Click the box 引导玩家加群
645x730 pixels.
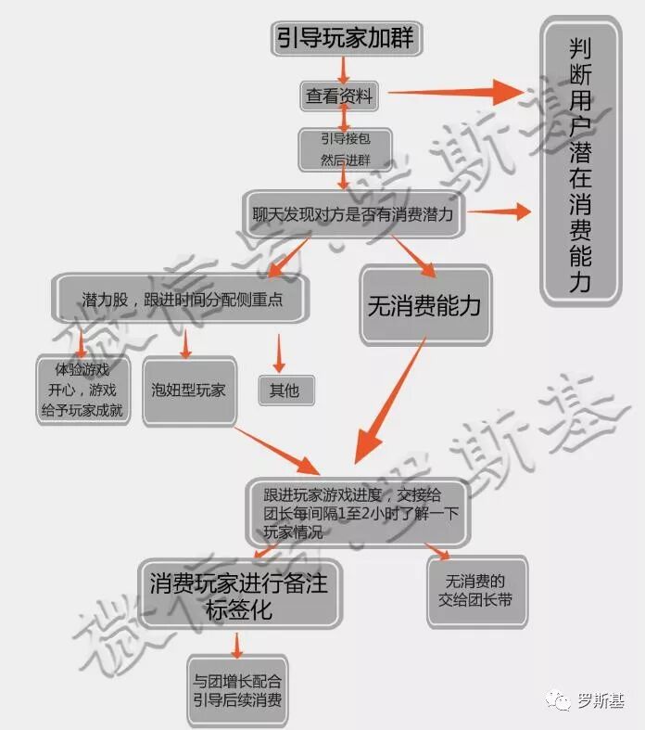(x=344, y=38)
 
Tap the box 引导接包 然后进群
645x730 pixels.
(x=344, y=148)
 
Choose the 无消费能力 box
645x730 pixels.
(x=424, y=306)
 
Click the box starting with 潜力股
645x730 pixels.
(x=181, y=300)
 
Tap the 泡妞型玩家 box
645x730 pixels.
(x=189, y=391)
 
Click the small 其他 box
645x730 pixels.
(x=285, y=391)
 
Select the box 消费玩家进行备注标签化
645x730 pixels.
(x=237, y=594)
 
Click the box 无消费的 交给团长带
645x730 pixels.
(x=476, y=590)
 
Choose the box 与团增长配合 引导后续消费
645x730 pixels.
(x=237, y=688)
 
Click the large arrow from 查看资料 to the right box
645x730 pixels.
(x=458, y=92)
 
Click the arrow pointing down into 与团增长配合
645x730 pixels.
(x=238, y=644)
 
